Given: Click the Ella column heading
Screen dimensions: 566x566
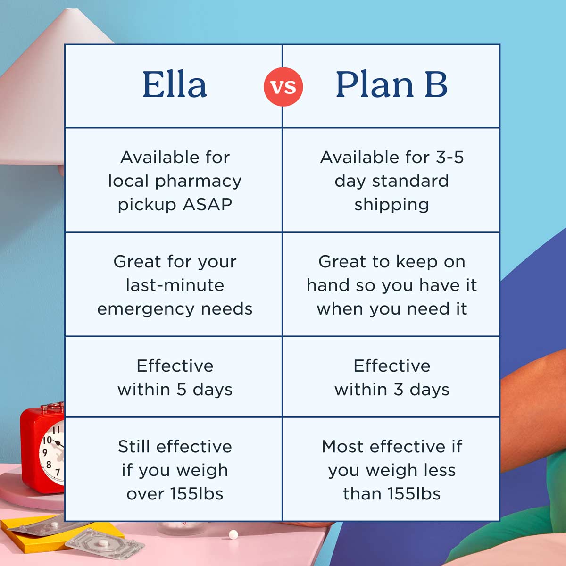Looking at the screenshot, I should point(175,85).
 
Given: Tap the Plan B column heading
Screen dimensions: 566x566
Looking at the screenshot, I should point(391,85).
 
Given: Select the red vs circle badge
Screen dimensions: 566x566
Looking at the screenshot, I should point(283,86).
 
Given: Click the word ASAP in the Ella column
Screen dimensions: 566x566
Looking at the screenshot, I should point(208,205).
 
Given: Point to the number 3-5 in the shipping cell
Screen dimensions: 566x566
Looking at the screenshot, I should point(449,157).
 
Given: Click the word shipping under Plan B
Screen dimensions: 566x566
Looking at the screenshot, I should point(391,205).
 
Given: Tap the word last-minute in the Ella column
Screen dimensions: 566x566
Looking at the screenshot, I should point(175,285).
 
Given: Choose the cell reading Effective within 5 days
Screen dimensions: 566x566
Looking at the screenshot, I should point(175,377).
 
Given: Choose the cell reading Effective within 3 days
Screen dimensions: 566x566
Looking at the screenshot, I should point(391,377).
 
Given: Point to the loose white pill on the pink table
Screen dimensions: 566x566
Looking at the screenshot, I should point(233,534).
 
